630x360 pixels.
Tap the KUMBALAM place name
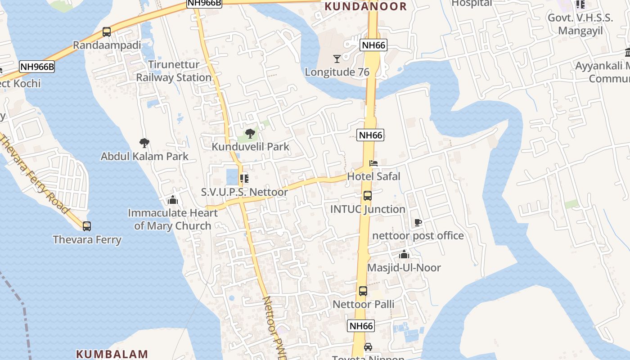[x=112, y=354]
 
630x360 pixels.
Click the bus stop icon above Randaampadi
[x=107, y=32]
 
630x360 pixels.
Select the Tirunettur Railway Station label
[x=174, y=71]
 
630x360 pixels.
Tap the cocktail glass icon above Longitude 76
[x=337, y=58]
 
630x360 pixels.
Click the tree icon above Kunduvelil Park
[x=250, y=134]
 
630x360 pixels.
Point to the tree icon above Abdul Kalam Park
[x=144, y=144]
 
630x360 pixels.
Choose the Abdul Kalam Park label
[x=144, y=157]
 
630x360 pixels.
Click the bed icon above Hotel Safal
[x=373, y=163]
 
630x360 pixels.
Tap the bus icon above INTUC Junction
[x=368, y=196]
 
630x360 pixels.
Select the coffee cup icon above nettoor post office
[x=418, y=222]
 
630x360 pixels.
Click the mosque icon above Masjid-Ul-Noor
[x=404, y=255]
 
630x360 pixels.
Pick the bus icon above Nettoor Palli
[x=363, y=291]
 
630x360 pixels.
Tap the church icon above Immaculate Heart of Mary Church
[x=172, y=200]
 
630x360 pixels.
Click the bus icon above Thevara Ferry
[x=87, y=226]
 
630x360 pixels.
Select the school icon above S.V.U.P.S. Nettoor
[x=244, y=179]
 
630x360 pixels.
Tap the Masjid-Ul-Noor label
[x=404, y=268]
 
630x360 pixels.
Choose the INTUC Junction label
[x=368, y=209]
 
